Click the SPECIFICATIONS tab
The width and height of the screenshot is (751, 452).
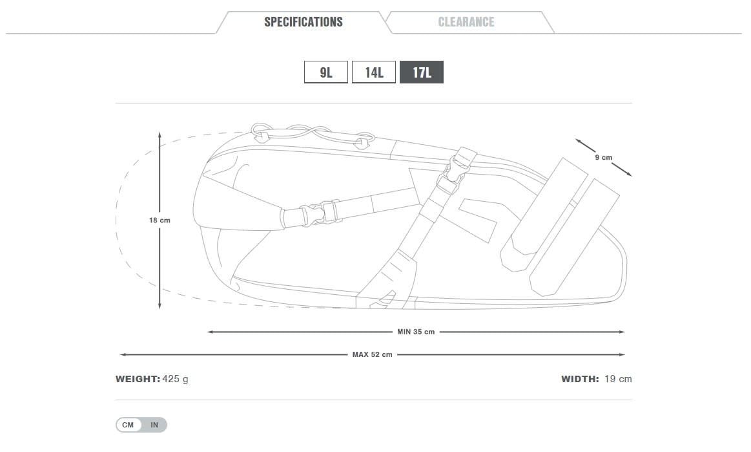[303, 22]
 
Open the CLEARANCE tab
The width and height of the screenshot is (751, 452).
[466, 22]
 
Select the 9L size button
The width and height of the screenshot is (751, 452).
[326, 72]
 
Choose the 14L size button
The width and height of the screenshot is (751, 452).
[374, 72]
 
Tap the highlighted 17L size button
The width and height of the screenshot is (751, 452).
[422, 72]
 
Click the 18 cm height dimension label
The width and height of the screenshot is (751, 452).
[159, 221]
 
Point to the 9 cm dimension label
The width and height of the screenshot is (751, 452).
[604, 157]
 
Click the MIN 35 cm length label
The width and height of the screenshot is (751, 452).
[416, 332]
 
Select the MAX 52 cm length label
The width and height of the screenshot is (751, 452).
[372, 354]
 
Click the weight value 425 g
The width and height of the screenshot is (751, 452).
[175, 378]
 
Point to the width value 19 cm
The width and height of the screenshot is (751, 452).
[618, 378]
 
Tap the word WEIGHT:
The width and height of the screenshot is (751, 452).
[138, 378]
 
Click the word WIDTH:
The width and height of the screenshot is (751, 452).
[580, 378]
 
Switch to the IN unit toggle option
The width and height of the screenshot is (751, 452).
[154, 425]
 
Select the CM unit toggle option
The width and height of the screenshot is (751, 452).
[128, 425]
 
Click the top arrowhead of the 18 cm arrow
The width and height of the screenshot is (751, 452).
[159, 134]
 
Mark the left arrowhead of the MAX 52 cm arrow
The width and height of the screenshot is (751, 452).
[122, 354]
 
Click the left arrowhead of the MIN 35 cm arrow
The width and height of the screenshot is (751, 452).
[209, 332]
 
